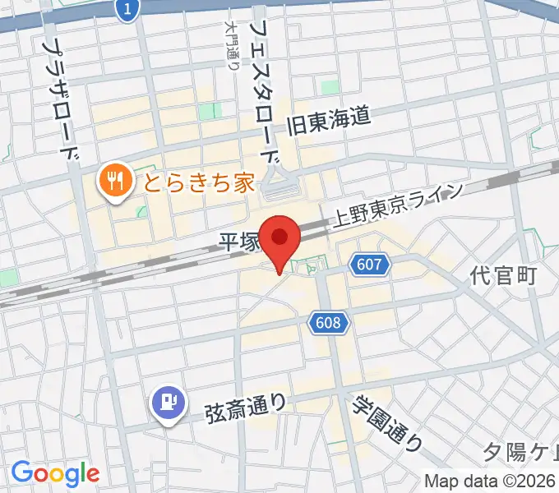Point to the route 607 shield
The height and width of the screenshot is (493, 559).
click(x=369, y=265)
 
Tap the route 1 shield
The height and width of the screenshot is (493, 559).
click(x=127, y=9)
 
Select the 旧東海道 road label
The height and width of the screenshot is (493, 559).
click(x=328, y=123)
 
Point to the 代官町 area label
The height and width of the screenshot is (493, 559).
click(x=504, y=275)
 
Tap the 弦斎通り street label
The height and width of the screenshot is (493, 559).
click(x=247, y=404)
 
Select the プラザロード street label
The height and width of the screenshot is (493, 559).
click(x=62, y=99)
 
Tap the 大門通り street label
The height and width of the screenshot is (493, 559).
click(x=232, y=45)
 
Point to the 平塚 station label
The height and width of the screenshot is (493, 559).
click(x=239, y=242)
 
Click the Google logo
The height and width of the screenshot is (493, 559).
click(x=55, y=473)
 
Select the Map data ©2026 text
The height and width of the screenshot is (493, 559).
click(x=491, y=481)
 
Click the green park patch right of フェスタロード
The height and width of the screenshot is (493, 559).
click(x=330, y=87)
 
